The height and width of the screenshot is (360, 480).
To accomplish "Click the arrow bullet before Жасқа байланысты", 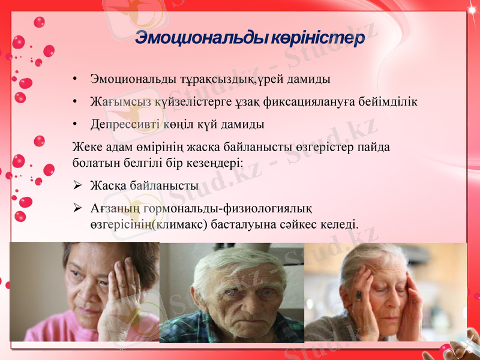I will [77, 186].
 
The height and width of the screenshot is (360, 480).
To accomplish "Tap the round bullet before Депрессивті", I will [74, 125].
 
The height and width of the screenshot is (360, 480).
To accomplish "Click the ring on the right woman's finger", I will [359, 295].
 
